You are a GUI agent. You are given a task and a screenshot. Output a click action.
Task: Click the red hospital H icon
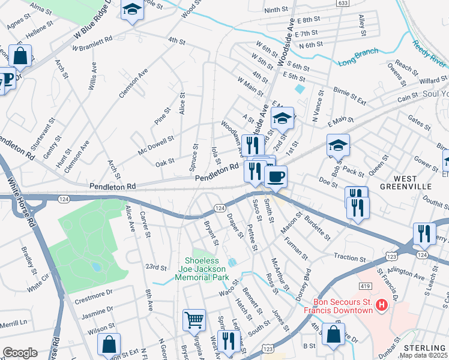click(381, 306)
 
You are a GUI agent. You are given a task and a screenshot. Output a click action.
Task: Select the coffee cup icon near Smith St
click(276, 176)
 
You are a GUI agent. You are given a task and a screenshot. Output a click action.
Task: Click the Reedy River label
click(430, 53)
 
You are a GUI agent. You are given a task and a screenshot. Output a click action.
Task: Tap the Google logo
click(20, 353)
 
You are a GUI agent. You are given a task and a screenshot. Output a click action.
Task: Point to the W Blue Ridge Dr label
click(91, 24)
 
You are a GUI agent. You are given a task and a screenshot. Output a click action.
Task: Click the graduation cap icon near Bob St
click(338, 145)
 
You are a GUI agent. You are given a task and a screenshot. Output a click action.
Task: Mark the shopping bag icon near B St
click(333, 334)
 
